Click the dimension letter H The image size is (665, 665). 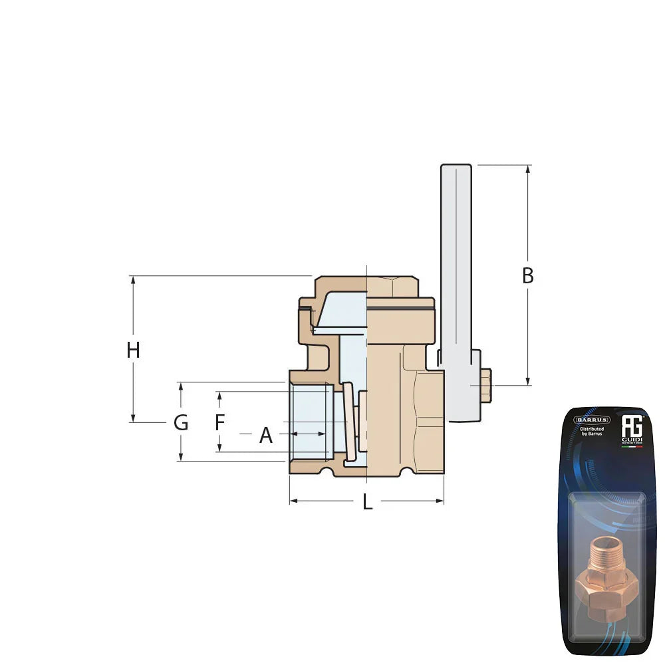[x=133, y=350]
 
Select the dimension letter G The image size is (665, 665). [x=180, y=422]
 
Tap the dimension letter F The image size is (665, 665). [x=220, y=422]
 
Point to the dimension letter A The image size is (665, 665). [x=266, y=436]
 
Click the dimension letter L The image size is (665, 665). [x=367, y=503]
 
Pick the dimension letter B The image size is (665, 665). [x=527, y=276]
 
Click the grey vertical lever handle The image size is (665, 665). [x=456, y=266]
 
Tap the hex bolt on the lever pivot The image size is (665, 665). [x=485, y=385]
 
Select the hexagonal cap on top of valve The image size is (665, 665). [x=392, y=287]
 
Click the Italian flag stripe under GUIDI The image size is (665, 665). [x=631, y=447]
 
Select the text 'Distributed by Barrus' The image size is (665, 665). [x=592, y=432]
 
